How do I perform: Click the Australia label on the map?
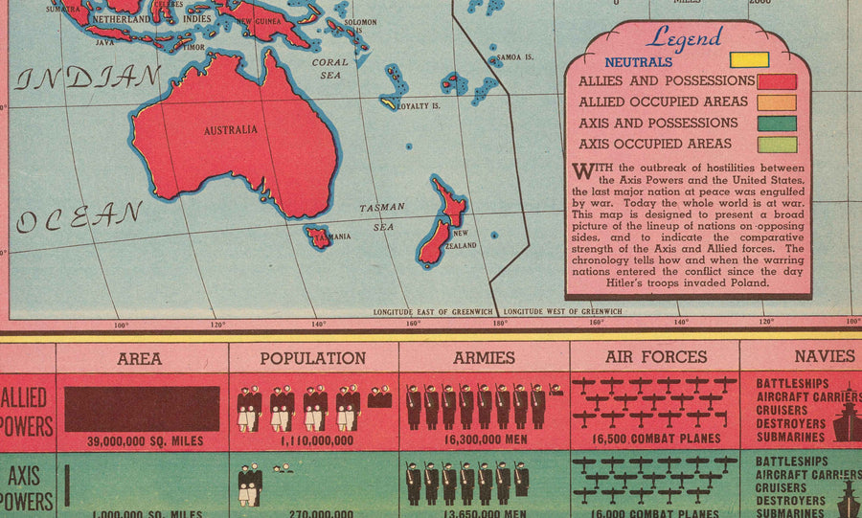(x=230, y=129)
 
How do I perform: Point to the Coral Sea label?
(x=330, y=68)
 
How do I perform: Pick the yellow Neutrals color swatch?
(x=749, y=59)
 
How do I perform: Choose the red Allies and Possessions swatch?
(x=777, y=81)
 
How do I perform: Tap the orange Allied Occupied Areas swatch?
(x=777, y=102)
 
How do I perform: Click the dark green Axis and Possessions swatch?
(x=777, y=124)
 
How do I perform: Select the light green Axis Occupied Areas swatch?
(x=777, y=145)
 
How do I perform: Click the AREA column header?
(x=140, y=358)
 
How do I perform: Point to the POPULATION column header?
(x=312, y=358)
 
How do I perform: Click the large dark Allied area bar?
(x=141, y=408)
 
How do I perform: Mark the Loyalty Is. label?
(x=419, y=105)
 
